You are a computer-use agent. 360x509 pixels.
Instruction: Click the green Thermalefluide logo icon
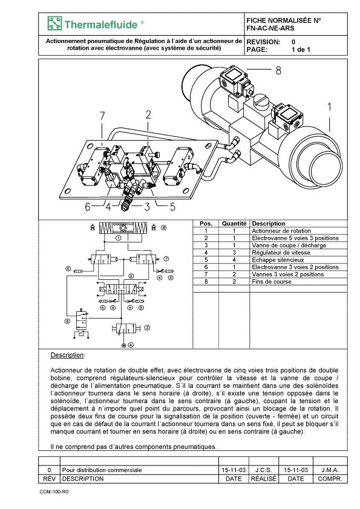click(x=54, y=24)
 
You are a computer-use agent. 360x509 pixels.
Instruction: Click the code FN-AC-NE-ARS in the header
click(x=270, y=28)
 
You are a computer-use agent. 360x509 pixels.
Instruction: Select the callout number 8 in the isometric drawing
click(x=278, y=71)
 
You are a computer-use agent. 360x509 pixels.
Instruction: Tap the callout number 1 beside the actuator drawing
click(x=330, y=106)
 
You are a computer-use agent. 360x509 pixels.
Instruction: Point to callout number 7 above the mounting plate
click(x=102, y=116)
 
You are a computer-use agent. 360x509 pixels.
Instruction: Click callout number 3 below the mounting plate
click(x=147, y=207)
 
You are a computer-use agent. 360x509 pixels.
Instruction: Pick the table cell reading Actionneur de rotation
click(x=281, y=231)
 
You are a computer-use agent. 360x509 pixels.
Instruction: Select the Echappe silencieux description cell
click(x=278, y=260)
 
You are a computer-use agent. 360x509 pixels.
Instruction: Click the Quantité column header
click(x=234, y=224)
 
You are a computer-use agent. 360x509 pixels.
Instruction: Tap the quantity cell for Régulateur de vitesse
click(x=234, y=253)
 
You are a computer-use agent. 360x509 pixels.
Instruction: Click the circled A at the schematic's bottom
click(x=131, y=345)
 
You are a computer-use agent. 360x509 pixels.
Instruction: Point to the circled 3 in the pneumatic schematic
click(x=147, y=328)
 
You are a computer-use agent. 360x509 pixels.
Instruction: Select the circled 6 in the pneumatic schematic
click(x=67, y=322)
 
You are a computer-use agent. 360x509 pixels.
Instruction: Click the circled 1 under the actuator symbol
click(x=118, y=238)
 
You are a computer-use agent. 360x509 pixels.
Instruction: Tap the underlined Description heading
click(x=68, y=355)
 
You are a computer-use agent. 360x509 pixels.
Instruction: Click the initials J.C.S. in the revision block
click(x=264, y=470)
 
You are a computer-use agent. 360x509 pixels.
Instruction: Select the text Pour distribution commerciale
click(x=102, y=470)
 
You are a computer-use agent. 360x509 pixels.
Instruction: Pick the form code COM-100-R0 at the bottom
click(x=54, y=491)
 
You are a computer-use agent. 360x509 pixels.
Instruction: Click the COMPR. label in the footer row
click(x=330, y=479)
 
